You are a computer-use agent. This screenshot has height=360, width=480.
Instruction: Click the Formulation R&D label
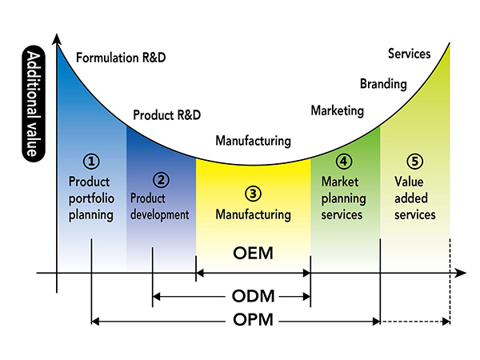click(x=121, y=58)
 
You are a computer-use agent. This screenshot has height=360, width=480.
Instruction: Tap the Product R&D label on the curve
click(x=167, y=115)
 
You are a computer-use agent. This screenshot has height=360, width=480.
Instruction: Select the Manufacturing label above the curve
click(x=253, y=141)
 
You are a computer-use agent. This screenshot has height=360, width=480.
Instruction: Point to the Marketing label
click(x=338, y=110)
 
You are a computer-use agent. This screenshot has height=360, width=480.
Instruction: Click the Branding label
click(x=383, y=84)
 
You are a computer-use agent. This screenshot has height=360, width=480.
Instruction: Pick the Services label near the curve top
click(x=410, y=54)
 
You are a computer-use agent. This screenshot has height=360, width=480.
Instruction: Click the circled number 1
click(x=91, y=162)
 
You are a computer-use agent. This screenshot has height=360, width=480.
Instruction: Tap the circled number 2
click(x=161, y=180)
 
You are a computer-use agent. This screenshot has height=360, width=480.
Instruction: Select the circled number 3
click(x=253, y=194)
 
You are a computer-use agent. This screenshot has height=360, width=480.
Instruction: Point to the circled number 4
click(x=344, y=162)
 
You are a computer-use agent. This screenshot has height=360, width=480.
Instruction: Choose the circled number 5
click(x=414, y=162)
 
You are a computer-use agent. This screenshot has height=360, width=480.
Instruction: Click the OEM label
click(x=253, y=253)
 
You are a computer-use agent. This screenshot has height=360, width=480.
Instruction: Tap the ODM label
click(x=253, y=296)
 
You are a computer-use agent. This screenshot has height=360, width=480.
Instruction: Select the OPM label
click(x=253, y=320)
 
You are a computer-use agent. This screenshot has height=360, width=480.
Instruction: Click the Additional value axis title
click(x=34, y=103)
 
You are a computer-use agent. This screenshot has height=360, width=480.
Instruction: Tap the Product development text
click(x=160, y=206)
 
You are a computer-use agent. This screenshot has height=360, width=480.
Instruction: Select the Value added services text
click(x=414, y=198)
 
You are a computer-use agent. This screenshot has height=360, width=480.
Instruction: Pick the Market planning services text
click(x=343, y=198)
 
